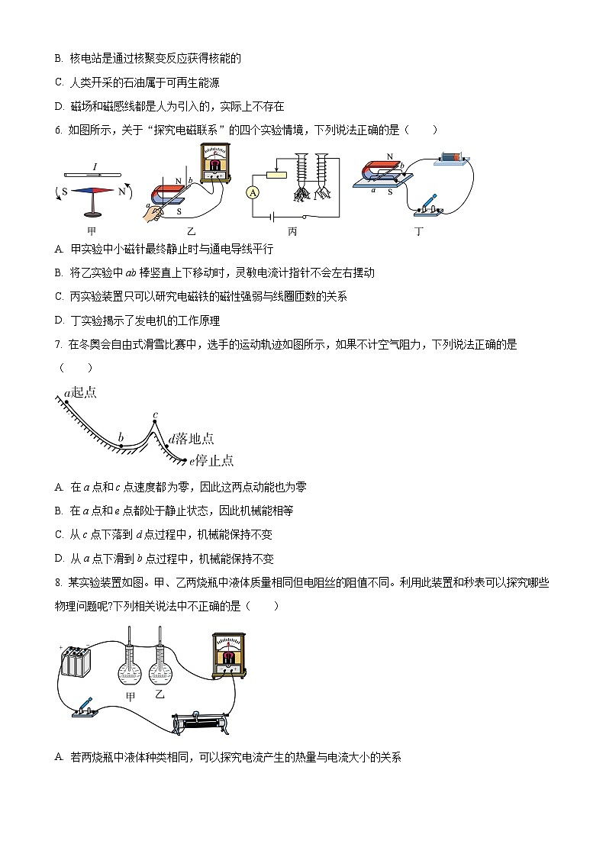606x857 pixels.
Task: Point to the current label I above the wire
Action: click(x=94, y=166)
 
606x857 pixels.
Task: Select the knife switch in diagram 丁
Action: click(x=428, y=202)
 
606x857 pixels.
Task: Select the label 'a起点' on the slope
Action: click(x=80, y=393)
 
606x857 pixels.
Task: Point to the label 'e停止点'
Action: click(x=211, y=460)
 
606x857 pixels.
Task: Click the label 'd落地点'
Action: click(x=192, y=438)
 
